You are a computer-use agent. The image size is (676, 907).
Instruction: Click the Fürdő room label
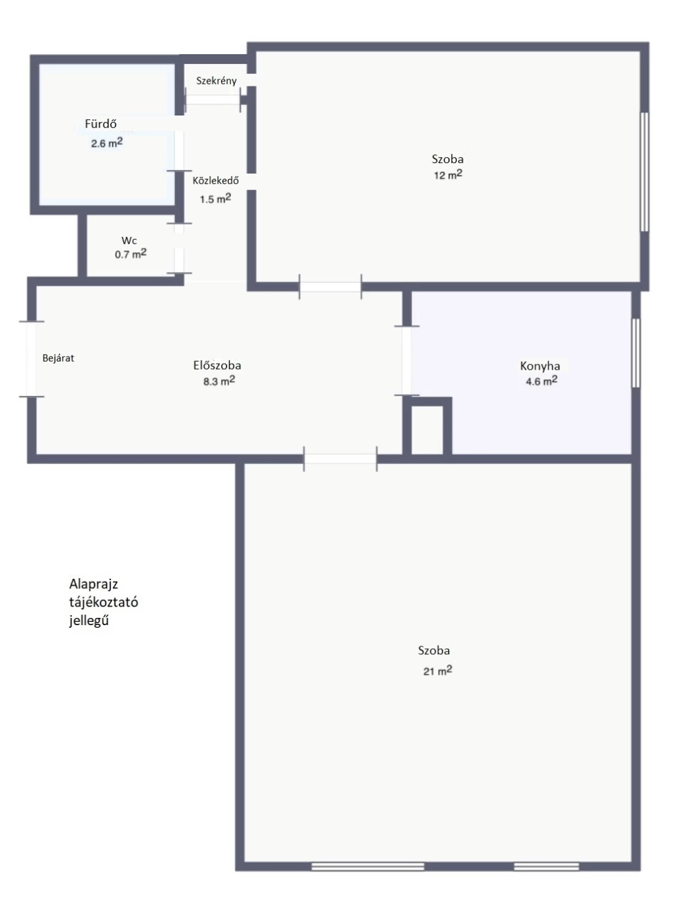pyautogui.click(x=100, y=123)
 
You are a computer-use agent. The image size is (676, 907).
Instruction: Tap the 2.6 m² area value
pyautogui.click(x=107, y=143)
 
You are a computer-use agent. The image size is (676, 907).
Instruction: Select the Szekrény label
pyautogui.click(x=216, y=81)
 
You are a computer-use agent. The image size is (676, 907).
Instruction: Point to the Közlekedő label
pyautogui.click(x=215, y=181)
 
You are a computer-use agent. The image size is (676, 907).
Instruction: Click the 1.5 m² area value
pyautogui.click(x=215, y=199)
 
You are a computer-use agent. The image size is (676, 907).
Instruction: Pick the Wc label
pyautogui.click(x=129, y=240)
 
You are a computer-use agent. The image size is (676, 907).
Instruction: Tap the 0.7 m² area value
pyautogui.click(x=131, y=253)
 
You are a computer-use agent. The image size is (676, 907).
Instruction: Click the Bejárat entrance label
pyautogui.click(x=58, y=358)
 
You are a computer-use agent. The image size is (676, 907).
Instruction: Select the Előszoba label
pyautogui.click(x=217, y=365)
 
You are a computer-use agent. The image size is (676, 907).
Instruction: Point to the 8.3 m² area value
pyautogui.click(x=219, y=381)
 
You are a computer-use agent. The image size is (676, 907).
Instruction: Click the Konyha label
pyautogui.click(x=540, y=366)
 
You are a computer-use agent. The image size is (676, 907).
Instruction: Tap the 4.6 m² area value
pyautogui.click(x=541, y=381)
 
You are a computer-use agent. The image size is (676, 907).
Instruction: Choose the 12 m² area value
pyautogui.click(x=448, y=175)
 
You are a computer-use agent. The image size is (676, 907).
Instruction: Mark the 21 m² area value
pyautogui.click(x=438, y=670)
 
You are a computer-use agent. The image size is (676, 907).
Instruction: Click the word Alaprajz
pyautogui.click(x=93, y=584)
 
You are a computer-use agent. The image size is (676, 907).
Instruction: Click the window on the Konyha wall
pyautogui.click(x=636, y=353)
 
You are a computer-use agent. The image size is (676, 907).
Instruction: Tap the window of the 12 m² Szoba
pyautogui.click(x=644, y=172)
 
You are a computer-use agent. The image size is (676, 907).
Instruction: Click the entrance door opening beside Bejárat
pyautogui.click(x=32, y=359)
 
